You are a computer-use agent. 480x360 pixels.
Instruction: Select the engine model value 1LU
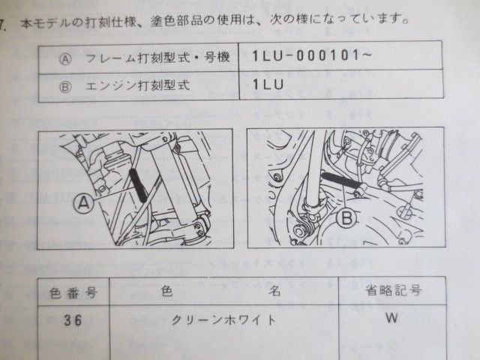(268, 86)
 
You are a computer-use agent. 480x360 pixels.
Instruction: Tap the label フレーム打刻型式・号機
(149, 58)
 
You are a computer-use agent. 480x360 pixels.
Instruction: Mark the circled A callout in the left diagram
(84, 200)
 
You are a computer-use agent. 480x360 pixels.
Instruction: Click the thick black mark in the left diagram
(139, 184)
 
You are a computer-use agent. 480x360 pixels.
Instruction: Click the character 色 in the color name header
(167, 290)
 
